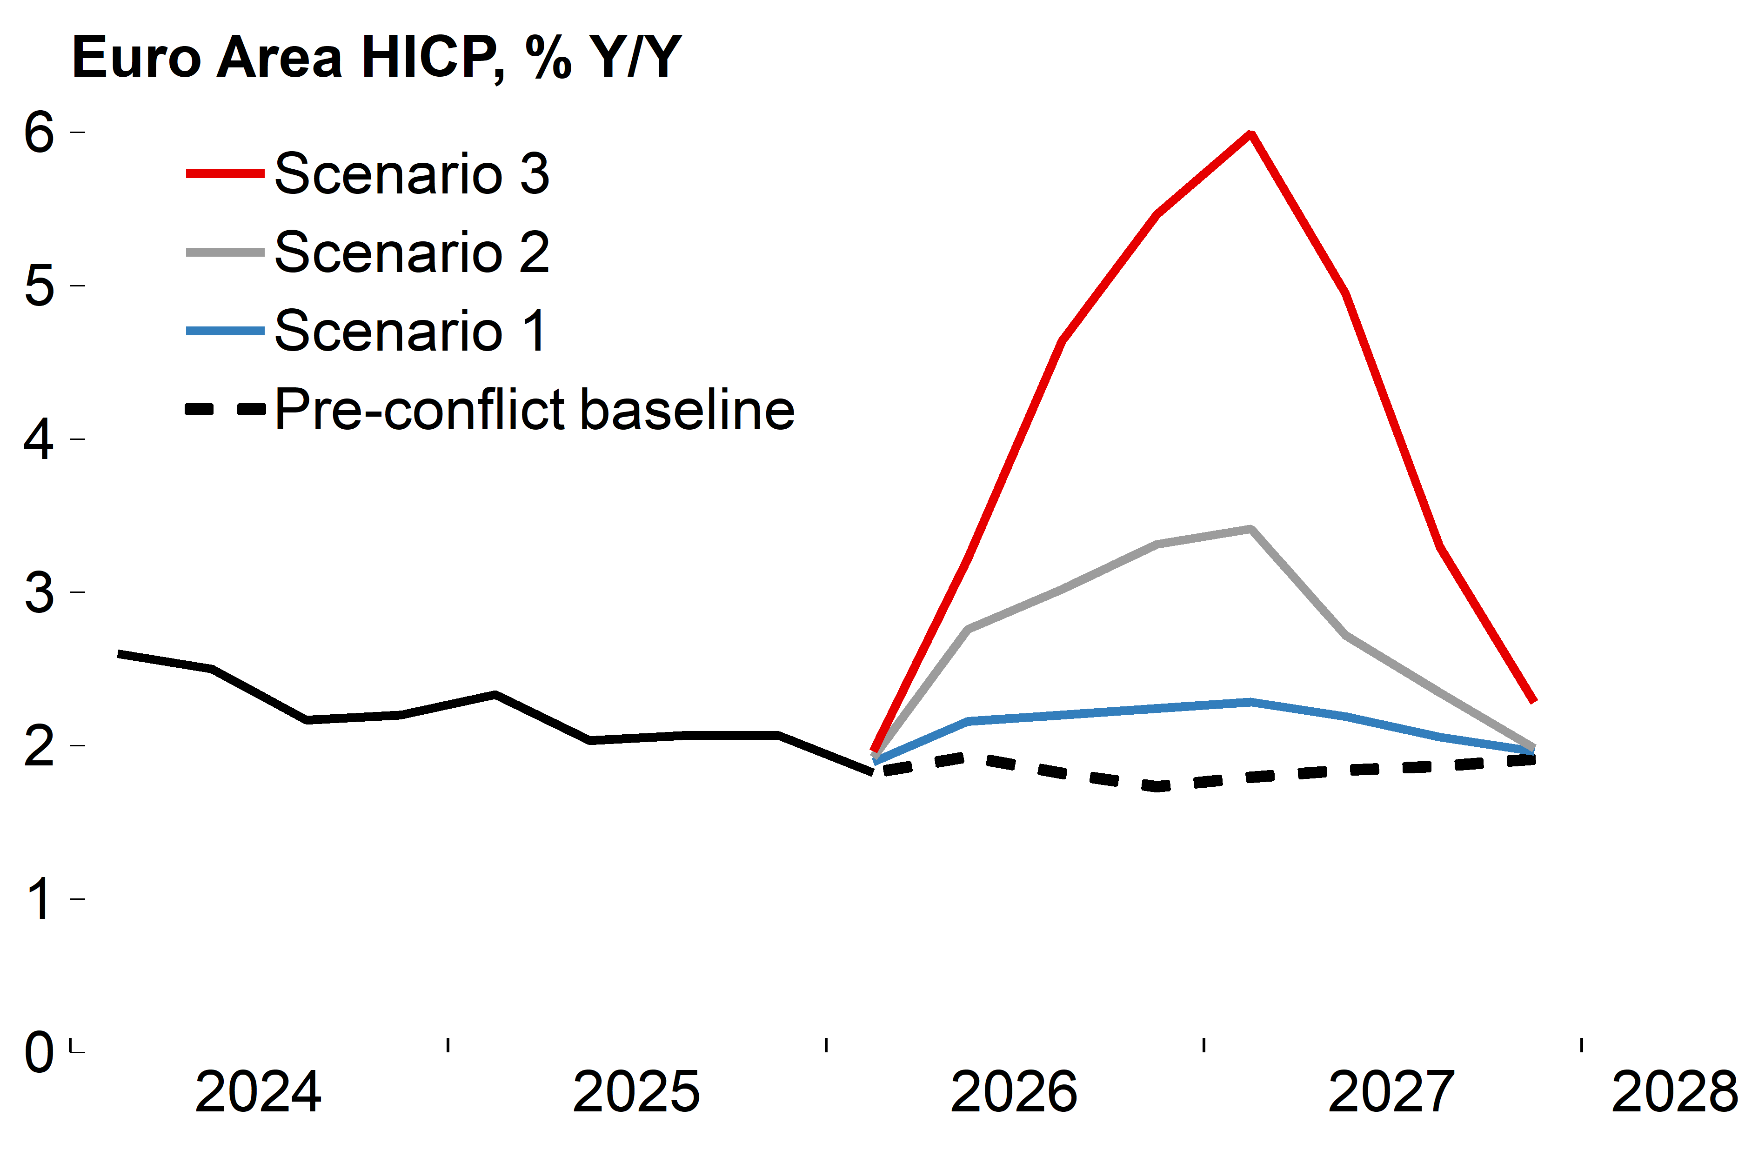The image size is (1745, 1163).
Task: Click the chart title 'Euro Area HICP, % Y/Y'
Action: (x=376, y=57)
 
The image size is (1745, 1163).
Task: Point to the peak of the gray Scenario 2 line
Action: (x=1251, y=529)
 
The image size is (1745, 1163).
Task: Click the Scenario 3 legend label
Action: (x=412, y=173)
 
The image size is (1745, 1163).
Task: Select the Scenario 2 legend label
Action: (x=412, y=252)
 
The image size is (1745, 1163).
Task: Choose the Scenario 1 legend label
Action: (x=410, y=331)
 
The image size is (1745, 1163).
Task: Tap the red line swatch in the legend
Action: (x=225, y=173)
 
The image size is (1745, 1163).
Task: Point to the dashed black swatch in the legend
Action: (x=225, y=409)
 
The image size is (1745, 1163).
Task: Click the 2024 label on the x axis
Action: (x=258, y=1092)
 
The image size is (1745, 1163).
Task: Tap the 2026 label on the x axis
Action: (x=1014, y=1092)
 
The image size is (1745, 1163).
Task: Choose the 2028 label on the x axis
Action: (x=1674, y=1092)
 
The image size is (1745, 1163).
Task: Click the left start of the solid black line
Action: (x=120, y=653)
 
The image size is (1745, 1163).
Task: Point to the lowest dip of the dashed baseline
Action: (x=1157, y=786)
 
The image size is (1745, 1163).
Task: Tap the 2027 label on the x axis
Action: (x=1391, y=1092)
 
